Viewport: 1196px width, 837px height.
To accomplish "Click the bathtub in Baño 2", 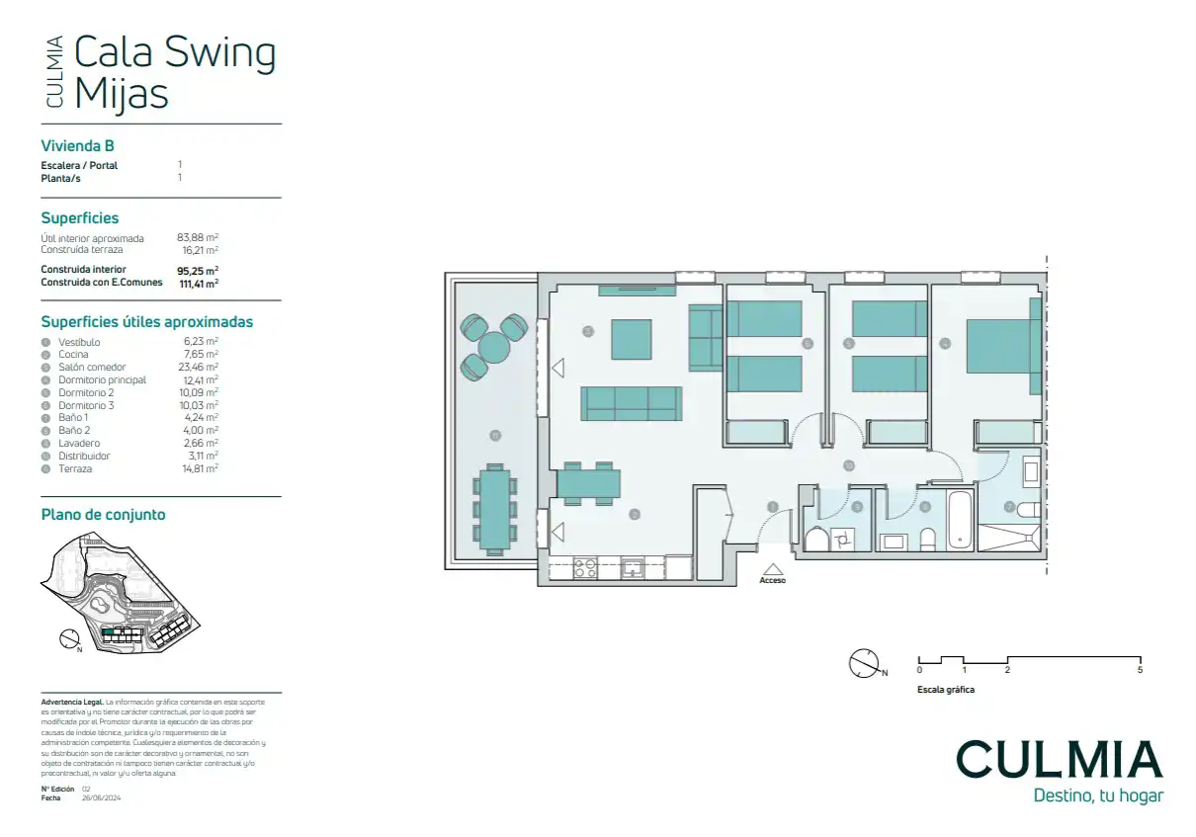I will [960, 519].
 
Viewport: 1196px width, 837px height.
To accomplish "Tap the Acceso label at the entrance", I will [772, 581].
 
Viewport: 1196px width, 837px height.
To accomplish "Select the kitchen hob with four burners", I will [585, 568].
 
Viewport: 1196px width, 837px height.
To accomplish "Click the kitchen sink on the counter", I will [633, 568].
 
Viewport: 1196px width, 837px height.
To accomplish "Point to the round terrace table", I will [493, 347].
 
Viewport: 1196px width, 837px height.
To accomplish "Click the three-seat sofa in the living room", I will [632, 403].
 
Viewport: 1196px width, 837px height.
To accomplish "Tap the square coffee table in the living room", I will [632, 339].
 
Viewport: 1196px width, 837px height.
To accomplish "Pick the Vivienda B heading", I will [78, 145].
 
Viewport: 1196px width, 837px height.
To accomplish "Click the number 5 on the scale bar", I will [1140, 671].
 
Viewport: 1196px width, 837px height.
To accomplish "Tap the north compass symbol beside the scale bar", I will [863, 663].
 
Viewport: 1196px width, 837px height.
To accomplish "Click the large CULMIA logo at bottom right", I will [1059, 759].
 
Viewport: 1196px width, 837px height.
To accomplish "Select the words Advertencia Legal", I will [72, 702].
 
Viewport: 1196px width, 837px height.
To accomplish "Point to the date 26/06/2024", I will [101, 797].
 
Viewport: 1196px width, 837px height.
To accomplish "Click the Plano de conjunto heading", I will [103, 514].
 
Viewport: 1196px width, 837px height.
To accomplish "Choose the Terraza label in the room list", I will [75, 469].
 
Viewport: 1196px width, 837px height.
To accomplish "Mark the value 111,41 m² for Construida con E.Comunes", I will [199, 283].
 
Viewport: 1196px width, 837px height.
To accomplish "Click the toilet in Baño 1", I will [1028, 510].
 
